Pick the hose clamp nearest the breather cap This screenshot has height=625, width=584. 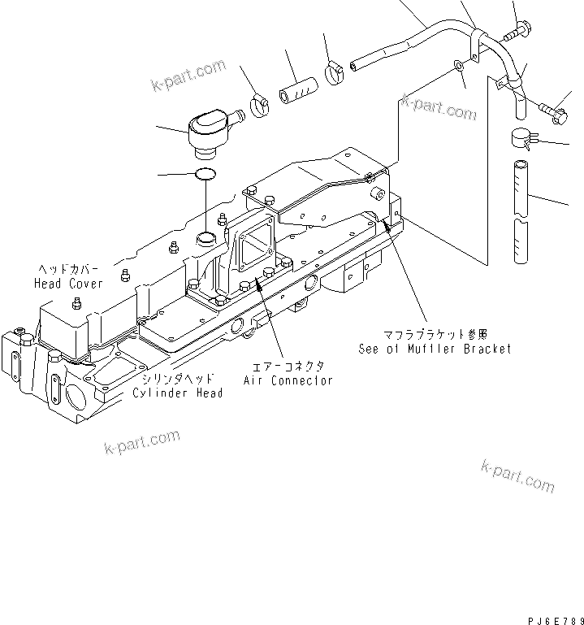[x=261, y=105]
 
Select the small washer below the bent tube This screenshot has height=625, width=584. [x=460, y=66]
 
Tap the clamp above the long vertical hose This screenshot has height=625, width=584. [x=522, y=139]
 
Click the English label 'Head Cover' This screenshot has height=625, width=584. [x=68, y=284]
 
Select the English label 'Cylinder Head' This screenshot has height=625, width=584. [x=178, y=393]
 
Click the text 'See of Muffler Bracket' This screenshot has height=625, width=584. [x=435, y=349]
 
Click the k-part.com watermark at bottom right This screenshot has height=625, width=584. [x=517, y=475]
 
